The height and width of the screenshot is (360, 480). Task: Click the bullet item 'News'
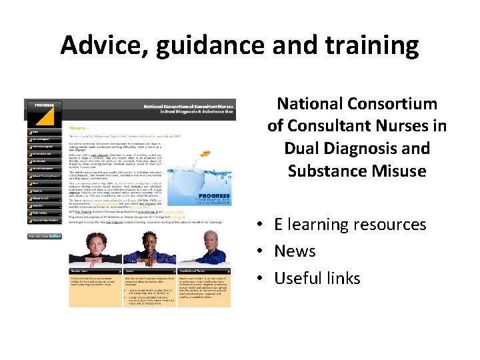point(295,251)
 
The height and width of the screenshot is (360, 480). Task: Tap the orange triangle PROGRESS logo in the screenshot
point(44,114)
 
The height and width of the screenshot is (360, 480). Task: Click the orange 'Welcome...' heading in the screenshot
point(79,128)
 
